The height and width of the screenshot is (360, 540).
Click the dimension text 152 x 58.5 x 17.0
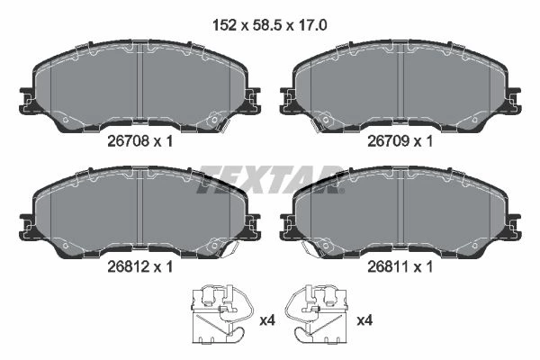tap(270, 25)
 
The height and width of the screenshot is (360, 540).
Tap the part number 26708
tap(128, 141)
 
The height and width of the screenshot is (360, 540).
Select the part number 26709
tap(388, 141)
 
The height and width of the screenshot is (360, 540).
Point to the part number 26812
tap(128, 266)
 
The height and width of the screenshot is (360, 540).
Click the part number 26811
tap(388, 266)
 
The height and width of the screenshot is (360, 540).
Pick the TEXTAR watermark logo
tap(270, 180)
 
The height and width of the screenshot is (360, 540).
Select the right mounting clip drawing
tap(316, 314)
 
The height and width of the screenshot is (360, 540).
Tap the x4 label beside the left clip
tap(267, 320)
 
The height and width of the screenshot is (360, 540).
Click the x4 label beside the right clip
tap(364, 320)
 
